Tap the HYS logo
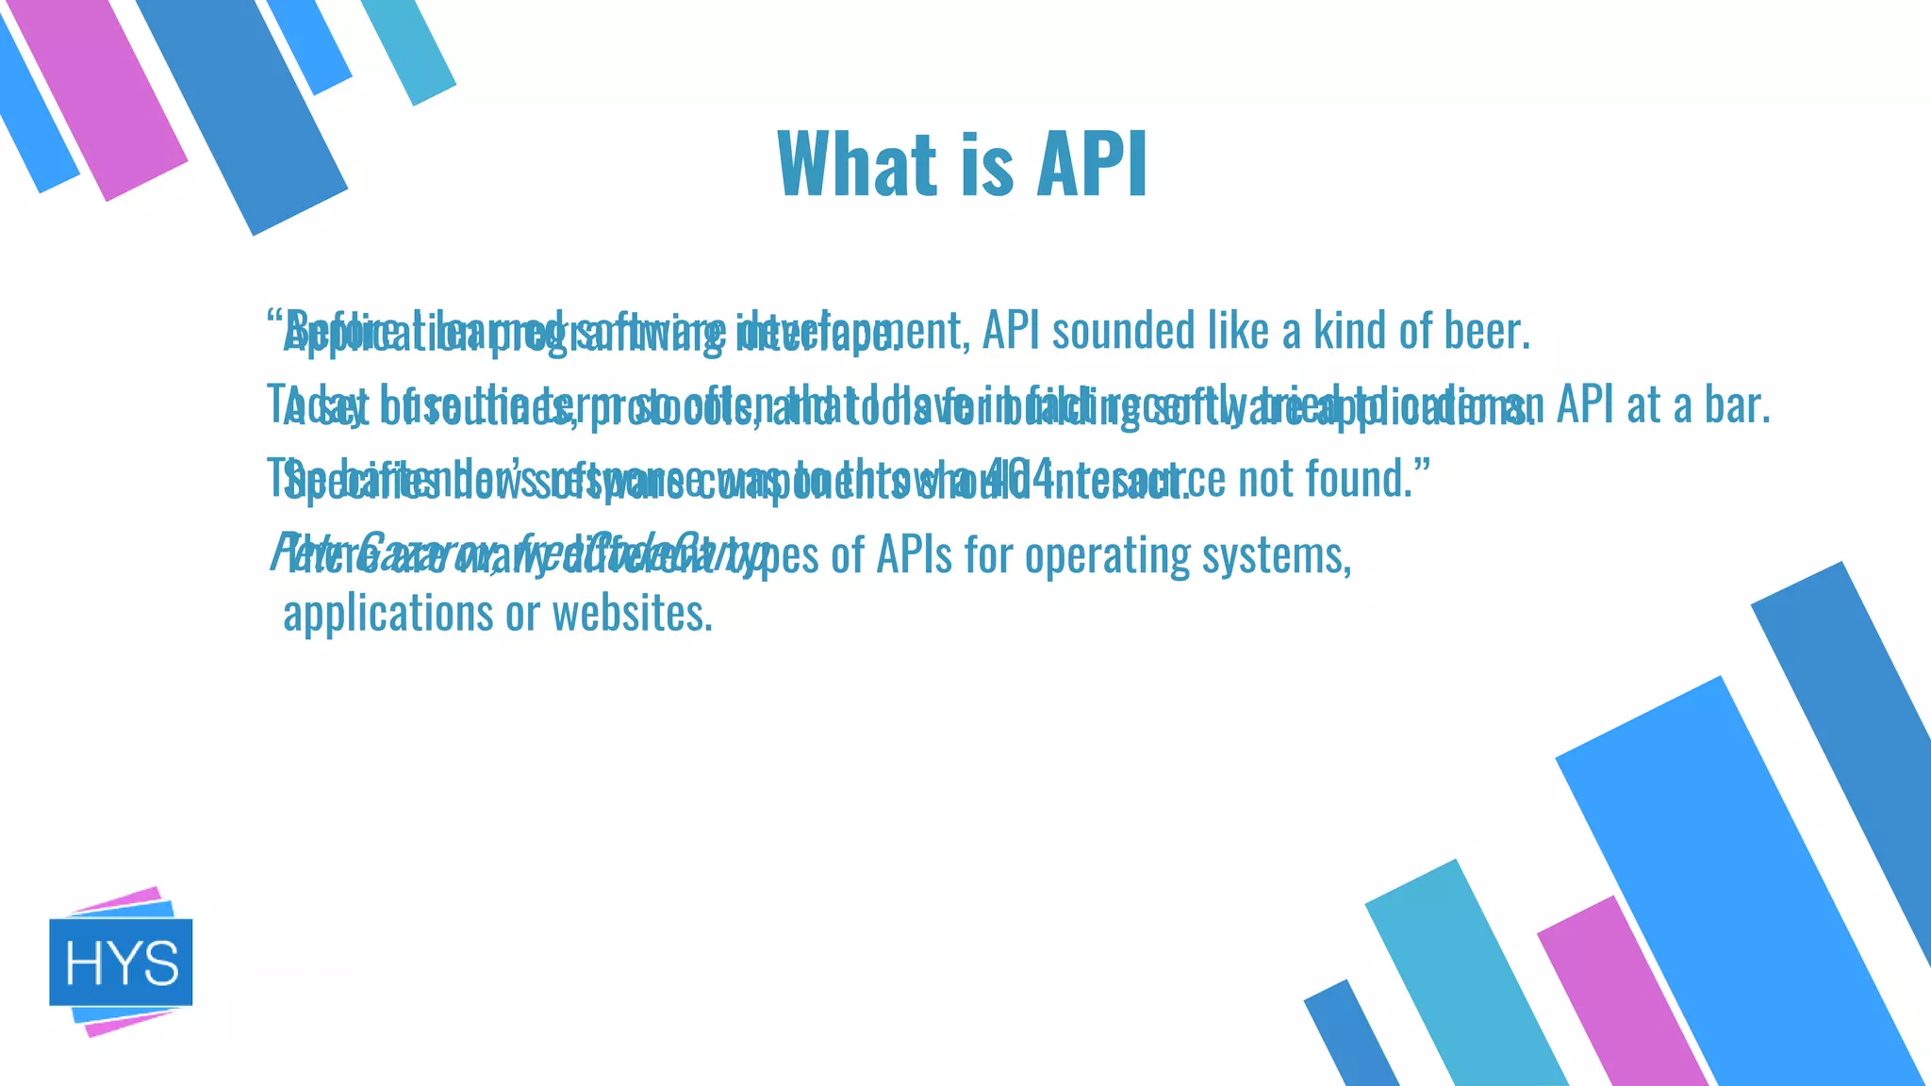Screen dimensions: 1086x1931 click(121, 962)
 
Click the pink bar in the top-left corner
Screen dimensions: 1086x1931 click(99, 94)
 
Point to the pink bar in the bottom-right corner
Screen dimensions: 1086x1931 click(1622, 999)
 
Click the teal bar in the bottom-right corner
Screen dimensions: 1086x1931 click(1461, 980)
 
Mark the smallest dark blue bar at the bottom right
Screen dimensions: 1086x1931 click(1350, 1037)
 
